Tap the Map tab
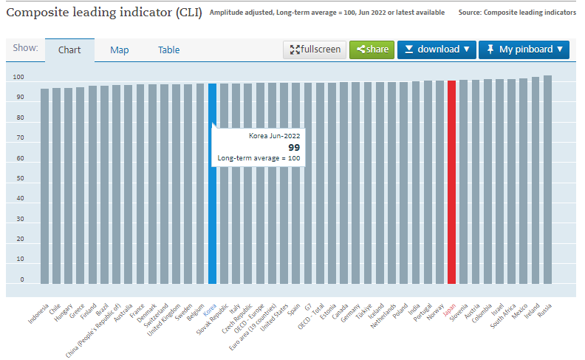120,50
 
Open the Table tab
168,50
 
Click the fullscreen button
315,50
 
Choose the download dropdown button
437,50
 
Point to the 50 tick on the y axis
19,179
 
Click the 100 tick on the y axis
18,78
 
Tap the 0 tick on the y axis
21,280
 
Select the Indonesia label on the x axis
38,314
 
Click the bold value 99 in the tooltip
294,147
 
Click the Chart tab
69,50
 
